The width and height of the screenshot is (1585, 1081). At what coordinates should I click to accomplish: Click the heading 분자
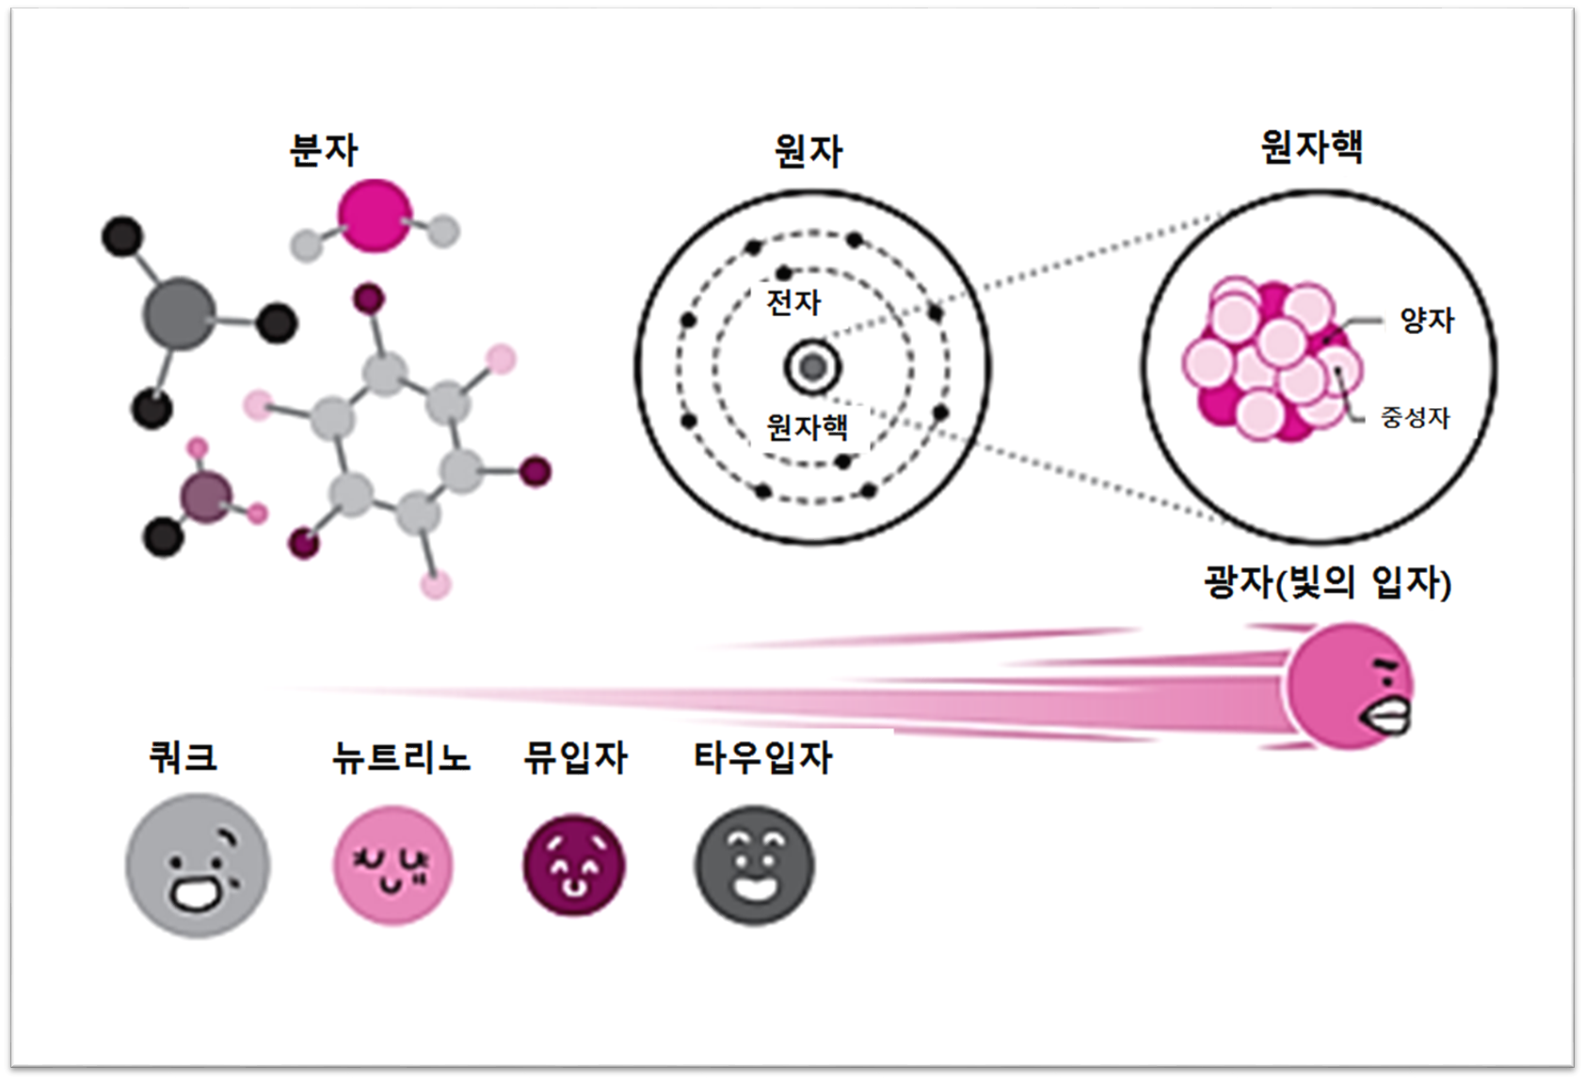324,150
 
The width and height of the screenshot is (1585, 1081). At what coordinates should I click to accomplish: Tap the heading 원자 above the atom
809,151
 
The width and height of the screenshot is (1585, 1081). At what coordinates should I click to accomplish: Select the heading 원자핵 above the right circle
1311,147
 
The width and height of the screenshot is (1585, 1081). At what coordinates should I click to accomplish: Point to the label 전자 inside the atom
794,302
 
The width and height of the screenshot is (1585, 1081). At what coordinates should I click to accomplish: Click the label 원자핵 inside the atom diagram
808,427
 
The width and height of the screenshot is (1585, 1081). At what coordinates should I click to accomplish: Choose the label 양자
1427,321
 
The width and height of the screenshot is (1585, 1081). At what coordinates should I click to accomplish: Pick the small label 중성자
1415,417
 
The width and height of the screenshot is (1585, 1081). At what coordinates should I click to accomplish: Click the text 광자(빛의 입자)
1327,583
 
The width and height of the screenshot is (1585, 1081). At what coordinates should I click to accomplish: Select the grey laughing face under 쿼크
198,866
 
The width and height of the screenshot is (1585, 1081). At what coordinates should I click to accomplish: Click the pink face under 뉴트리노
392,865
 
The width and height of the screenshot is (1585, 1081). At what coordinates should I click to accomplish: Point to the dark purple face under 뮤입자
574,865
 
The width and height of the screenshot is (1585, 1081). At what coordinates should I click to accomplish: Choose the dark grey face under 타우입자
755,865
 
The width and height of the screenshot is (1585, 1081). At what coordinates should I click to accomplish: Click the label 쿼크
184,756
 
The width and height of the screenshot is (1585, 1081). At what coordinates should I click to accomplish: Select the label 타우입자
762,757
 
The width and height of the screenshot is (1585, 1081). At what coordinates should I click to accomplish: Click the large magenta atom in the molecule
375,216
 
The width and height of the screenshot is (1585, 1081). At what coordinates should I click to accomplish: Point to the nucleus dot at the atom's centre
812,367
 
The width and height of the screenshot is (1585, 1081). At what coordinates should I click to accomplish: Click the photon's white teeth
1389,719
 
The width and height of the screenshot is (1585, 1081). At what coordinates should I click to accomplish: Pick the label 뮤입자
575,757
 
